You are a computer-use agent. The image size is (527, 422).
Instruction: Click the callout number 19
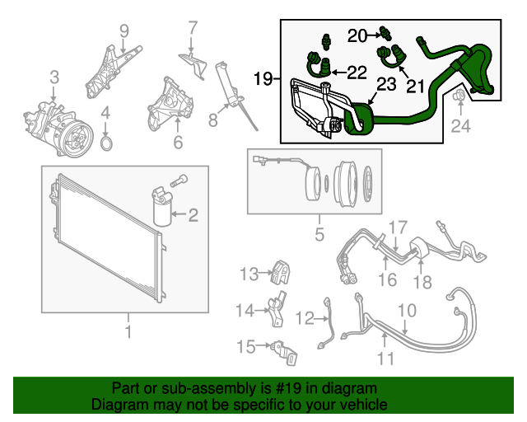262,79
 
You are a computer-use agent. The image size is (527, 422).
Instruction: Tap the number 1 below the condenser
128,331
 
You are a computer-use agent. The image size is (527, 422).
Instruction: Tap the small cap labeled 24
460,101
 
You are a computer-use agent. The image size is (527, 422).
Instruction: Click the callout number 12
305,317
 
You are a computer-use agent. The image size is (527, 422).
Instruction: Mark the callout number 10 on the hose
408,311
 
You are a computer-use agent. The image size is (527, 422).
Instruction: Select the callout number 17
398,227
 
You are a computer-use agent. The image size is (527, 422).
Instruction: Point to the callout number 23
386,83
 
